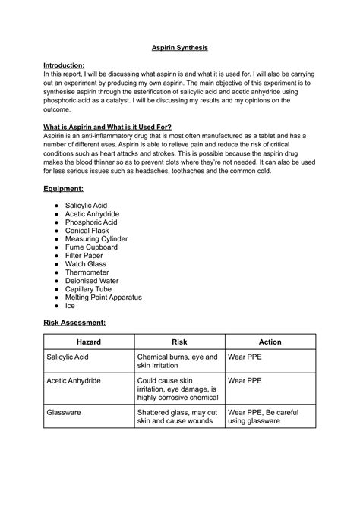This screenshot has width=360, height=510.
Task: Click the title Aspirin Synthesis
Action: click(179, 48)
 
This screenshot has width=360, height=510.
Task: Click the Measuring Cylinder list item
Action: click(96, 239)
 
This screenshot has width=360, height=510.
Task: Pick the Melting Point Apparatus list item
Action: click(103, 297)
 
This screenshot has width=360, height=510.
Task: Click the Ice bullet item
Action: click(70, 306)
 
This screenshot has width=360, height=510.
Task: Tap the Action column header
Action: click(270, 342)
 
